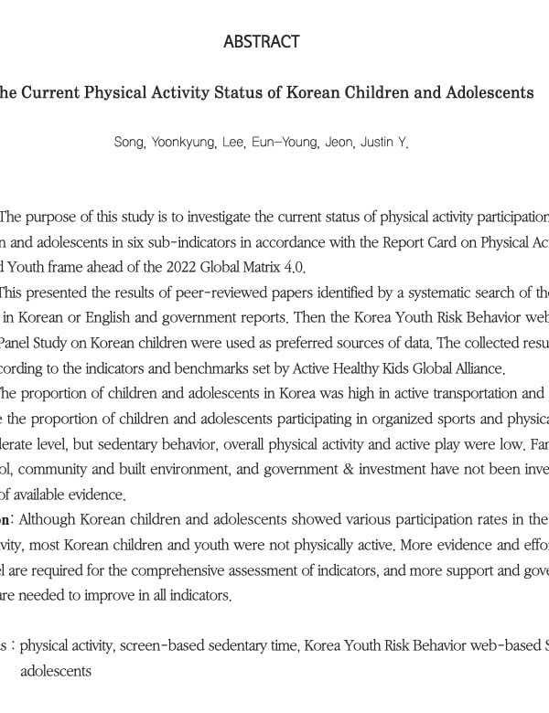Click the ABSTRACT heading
coord(261,42)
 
